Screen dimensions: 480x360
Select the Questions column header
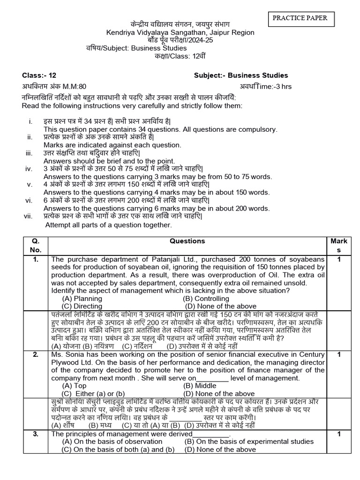pos(187,241)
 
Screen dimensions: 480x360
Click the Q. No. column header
pos(36,245)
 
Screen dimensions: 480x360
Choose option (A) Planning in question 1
pos(82,299)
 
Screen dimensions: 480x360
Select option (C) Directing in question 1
pos(82,306)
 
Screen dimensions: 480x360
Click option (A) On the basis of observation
pos(112,442)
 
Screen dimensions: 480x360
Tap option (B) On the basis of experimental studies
pos(249,442)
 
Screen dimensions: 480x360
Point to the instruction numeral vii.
pos(28,216)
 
